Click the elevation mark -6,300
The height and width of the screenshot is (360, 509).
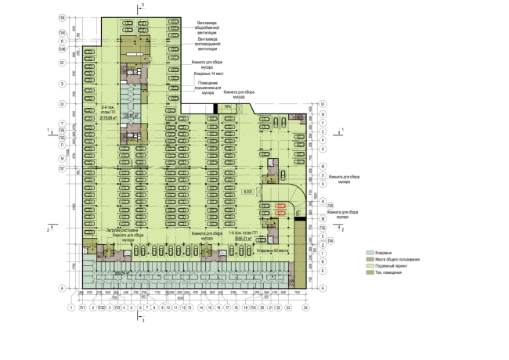click(x=249, y=192)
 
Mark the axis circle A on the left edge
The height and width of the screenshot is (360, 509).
click(x=61, y=289)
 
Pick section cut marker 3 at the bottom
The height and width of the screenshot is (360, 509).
click(x=142, y=320)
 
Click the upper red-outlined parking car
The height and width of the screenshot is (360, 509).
click(x=280, y=206)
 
